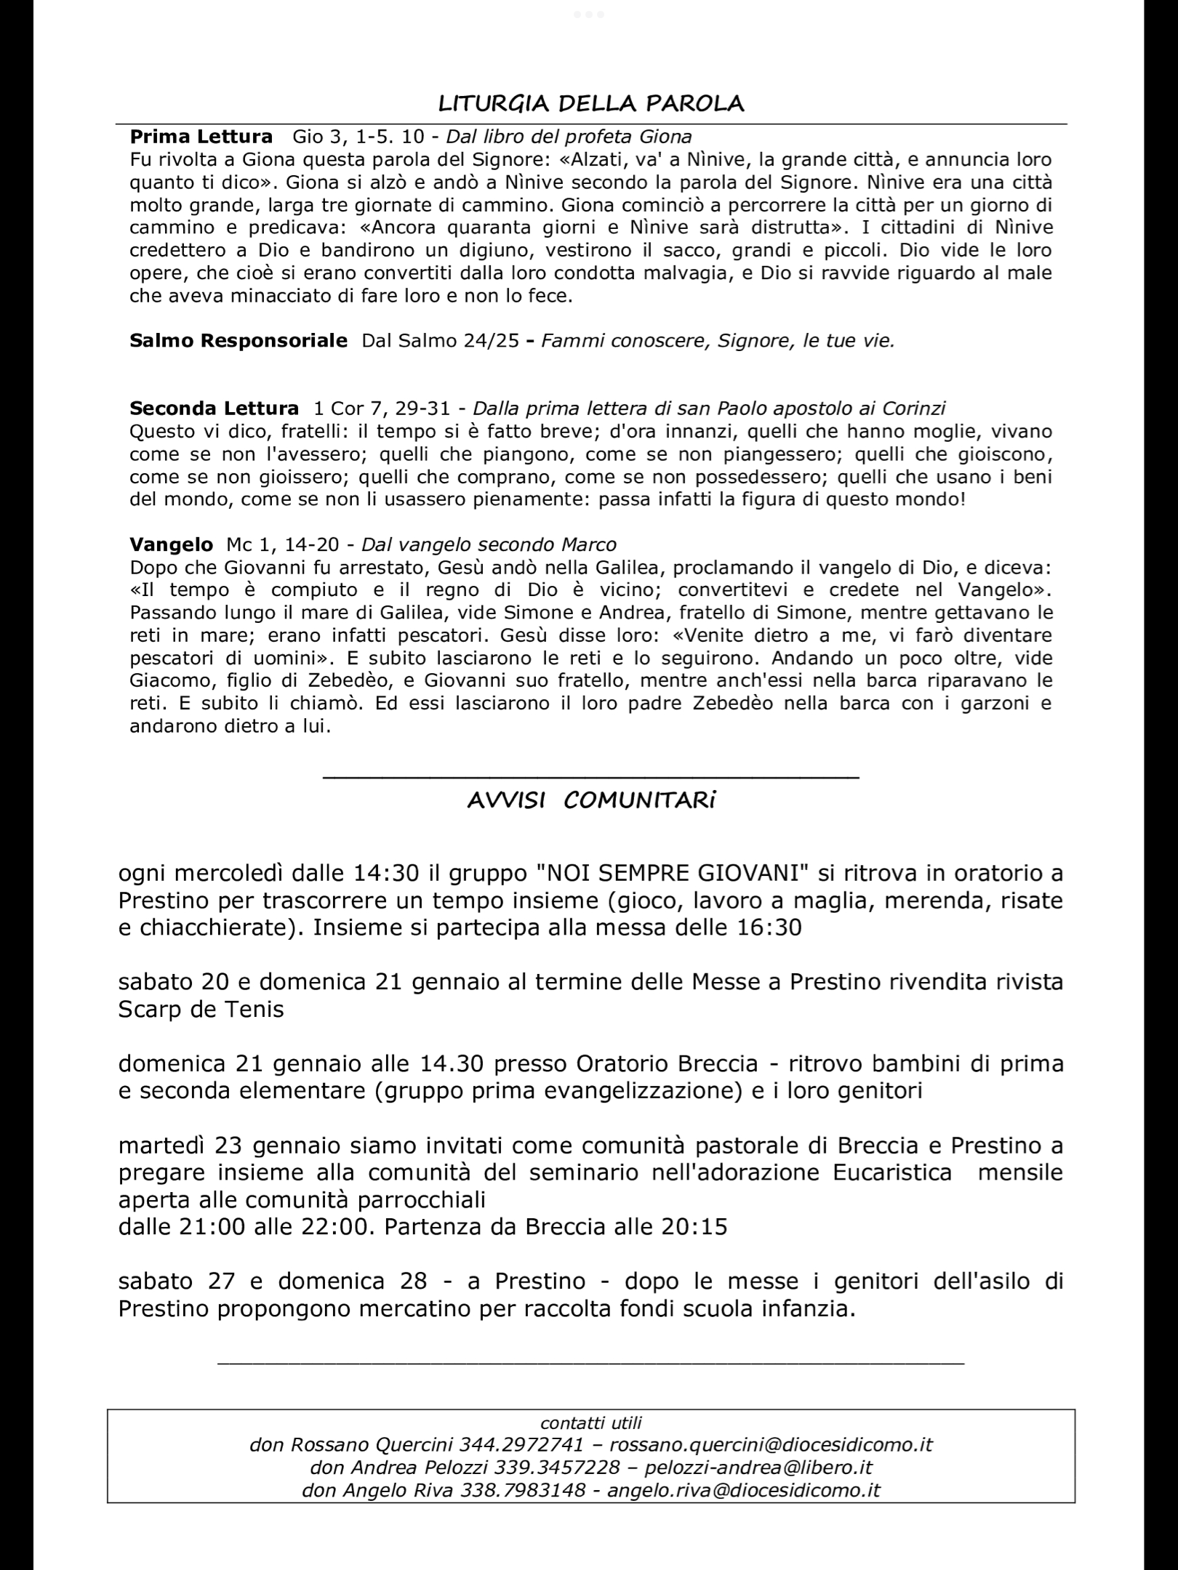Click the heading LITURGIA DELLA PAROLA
click(591, 103)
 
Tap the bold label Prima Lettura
click(201, 137)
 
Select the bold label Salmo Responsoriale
click(239, 340)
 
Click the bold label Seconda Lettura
click(214, 408)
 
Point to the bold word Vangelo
click(171, 544)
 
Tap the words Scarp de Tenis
click(201, 1010)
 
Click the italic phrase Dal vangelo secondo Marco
click(489, 544)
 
